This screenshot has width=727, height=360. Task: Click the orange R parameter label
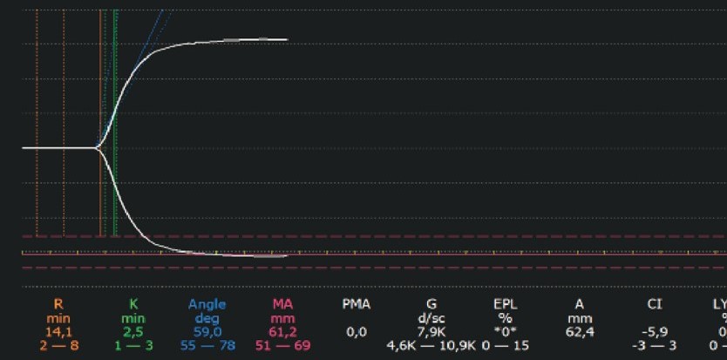coord(58,304)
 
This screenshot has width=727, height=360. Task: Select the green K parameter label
coord(133,304)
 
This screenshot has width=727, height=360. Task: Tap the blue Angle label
coord(207,304)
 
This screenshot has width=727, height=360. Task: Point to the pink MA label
coord(282,304)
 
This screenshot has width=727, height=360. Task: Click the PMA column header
coord(356,304)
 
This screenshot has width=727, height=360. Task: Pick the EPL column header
coord(506,304)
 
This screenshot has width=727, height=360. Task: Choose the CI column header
coord(655,304)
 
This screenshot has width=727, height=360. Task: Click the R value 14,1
coord(58,332)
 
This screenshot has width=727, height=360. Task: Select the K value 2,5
coord(133,332)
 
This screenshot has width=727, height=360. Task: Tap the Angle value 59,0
coord(207,332)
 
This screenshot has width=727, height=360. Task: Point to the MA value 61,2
coord(282,332)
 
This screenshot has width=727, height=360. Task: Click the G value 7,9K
coord(431,332)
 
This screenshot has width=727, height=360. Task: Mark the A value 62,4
coord(580,332)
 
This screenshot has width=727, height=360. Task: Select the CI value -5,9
coord(655,332)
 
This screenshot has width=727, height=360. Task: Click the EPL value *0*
coord(506,332)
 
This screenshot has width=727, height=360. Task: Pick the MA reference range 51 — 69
coord(282,346)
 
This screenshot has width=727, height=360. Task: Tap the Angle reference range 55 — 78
coord(207,346)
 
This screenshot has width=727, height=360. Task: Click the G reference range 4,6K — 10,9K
coord(431,346)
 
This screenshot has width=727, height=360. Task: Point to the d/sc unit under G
coord(431,318)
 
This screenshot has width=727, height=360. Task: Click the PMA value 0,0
coord(356,332)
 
